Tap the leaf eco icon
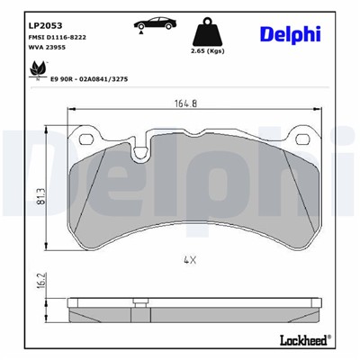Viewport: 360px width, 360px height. tap(37, 68)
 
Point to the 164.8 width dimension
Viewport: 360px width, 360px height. tap(187, 102)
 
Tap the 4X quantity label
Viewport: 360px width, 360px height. tap(189, 260)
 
